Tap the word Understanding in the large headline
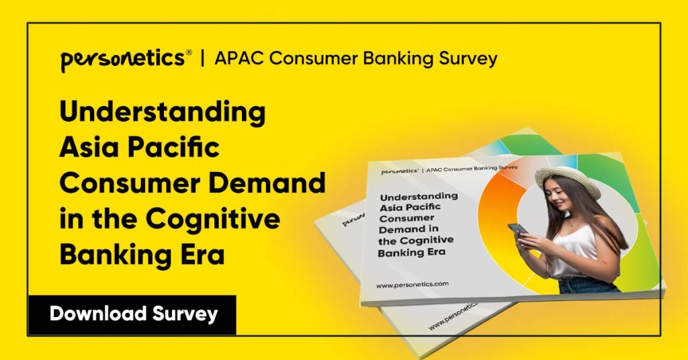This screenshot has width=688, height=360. (162, 112)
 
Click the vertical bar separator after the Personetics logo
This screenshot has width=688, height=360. (202, 59)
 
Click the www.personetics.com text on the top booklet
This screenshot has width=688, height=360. (412, 285)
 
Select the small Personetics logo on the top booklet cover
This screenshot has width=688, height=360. (400, 172)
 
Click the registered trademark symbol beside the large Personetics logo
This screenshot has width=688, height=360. (189, 52)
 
